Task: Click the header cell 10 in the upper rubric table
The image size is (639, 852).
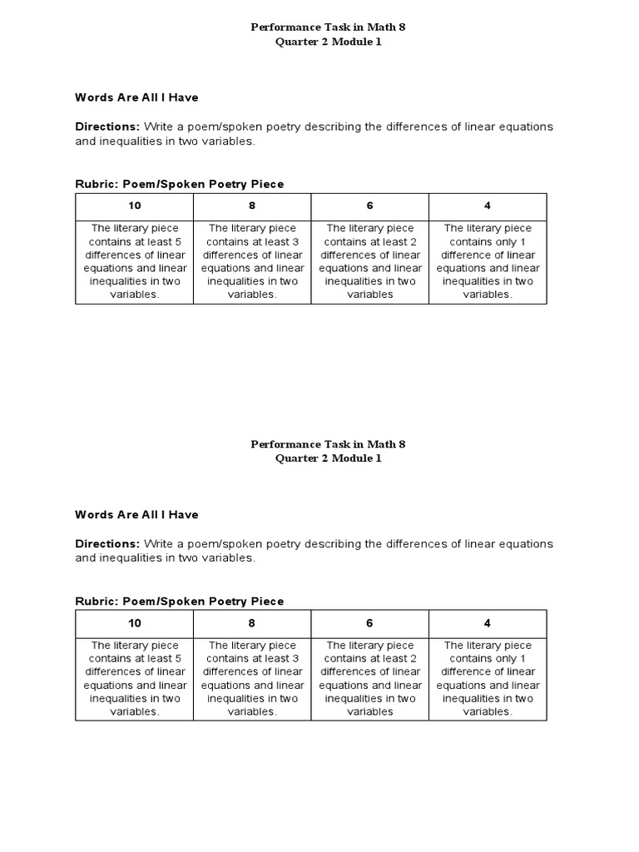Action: point(135,206)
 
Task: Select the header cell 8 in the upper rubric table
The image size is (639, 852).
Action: point(252,206)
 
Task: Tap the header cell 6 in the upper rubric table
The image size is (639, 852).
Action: point(369,206)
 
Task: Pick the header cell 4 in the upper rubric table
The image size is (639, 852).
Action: point(488,206)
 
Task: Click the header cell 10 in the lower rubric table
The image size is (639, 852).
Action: point(135,623)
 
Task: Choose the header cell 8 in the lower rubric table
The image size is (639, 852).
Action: point(252,623)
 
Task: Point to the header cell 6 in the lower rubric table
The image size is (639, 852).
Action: point(369,623)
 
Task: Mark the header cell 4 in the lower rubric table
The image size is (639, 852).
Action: point(488,623)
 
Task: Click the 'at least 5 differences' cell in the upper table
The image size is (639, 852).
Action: point(135,261)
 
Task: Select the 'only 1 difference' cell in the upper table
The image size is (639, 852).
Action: point(488,261)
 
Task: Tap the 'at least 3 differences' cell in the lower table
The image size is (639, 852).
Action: point(252,678)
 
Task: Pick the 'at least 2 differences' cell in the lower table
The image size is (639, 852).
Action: point(369,678)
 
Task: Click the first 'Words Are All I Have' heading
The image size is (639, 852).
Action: point(136,97)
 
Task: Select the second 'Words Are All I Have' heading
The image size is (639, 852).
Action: point(136,515)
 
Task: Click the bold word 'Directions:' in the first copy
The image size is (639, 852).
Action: point(107,126)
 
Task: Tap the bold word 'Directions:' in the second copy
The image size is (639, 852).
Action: point(107,544)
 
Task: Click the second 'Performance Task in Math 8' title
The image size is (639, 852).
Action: point(328,444)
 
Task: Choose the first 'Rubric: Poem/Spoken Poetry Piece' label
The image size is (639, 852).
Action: point(179,184)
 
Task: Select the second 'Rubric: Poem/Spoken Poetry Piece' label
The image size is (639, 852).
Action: point(179,602)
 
